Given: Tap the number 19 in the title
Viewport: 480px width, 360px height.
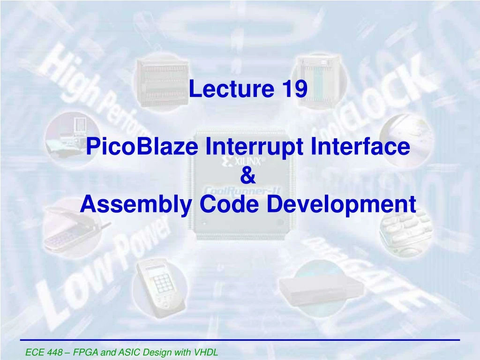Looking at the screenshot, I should point(294,89).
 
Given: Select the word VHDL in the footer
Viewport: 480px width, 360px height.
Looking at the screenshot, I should point(207,352).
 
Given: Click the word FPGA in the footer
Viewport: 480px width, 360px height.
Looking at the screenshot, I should point(87,352).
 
